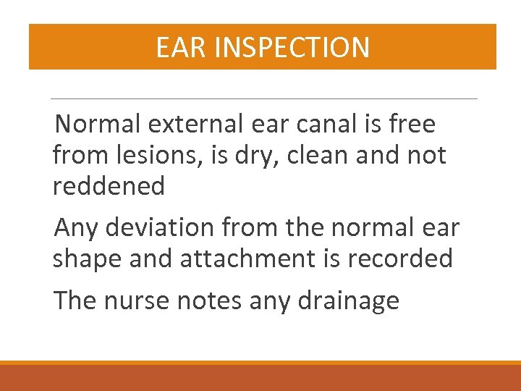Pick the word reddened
click(x=109, y=186)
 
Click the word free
click(x=410, y=125)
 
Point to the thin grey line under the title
click(x=264, y=98)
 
